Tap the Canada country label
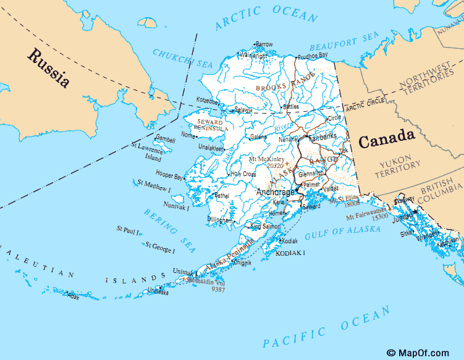click(386, 140)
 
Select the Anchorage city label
click(275, 192)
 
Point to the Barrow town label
click(264, 44)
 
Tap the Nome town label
click(188, 135)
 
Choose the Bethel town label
click(221, 196)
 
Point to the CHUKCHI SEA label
click(182, 59)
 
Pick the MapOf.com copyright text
click(418, 353)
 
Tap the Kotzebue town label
click(208, 101)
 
